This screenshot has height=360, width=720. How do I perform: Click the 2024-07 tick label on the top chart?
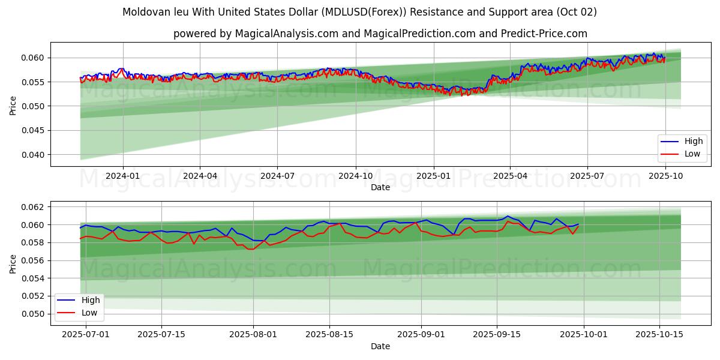click(x=277, y=176)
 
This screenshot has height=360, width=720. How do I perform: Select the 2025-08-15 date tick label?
click(x=329, y=335)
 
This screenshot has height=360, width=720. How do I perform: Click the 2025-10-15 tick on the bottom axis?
click(x=659, y=335)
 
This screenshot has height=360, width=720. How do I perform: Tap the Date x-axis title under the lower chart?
click(x=380, y=346)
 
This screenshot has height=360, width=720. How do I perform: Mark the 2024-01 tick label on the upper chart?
click(x=122, y=176)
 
